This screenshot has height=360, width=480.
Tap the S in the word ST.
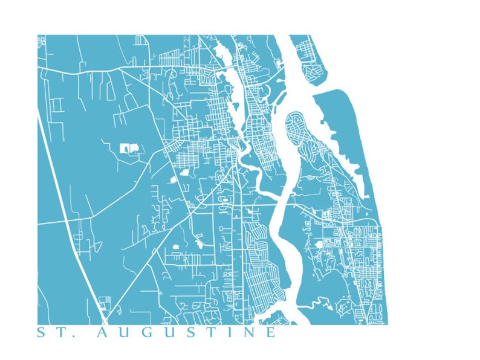coord(41,333)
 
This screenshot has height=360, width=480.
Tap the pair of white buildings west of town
coord(129,148)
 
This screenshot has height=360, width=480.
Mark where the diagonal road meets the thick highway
coord(104,320)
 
